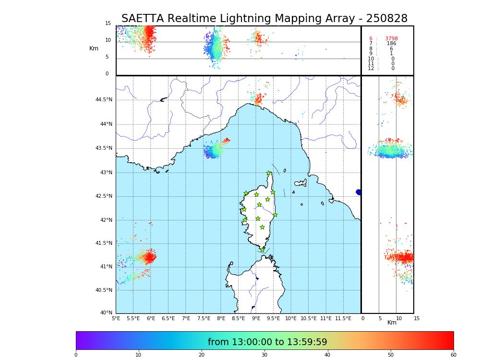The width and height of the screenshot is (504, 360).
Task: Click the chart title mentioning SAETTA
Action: pyautogui.click(x=264, y=19)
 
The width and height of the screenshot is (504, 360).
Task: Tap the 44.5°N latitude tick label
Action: pyautogui.click(x=103, y=100)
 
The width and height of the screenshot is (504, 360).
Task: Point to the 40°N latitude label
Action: pyautogui.click(x=106, y=313)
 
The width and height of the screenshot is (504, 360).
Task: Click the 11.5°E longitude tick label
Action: pyautogui.click(x=343, y=318)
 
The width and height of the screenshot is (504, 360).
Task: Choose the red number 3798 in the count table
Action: pyautogui.click(x=391, y=39)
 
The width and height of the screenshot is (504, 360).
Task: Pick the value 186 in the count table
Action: pyautogui.click(x=391, y=44)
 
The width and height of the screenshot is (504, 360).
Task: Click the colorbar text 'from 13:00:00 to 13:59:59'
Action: pyautogui.click(x=267, y=342)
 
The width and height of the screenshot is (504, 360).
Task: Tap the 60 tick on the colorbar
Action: pyautogui.click(x=453, y=355)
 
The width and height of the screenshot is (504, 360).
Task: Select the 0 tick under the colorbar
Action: pyautogui.click(x=76, y=355)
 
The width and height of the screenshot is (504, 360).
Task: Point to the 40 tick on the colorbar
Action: pyautogui.click(x=327, y=355)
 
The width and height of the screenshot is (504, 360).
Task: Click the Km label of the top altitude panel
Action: pyautogui.click(x=94, y=48)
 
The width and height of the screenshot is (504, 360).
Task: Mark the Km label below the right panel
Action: pyautogui.click(x=392, y=323)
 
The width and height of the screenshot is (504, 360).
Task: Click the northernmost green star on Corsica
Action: pyautogui.click(x=269, y=173)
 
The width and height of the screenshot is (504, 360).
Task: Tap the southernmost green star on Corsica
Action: pyautogui.click(x=262, y=250)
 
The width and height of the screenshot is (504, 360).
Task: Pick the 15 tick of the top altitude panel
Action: pyautogui.click(x=108, y=24)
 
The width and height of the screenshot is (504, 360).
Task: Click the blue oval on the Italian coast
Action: pyautogui.click(x=359, y=192)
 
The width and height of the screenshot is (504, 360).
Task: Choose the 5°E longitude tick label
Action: pyautogui.click(x=116, y=318)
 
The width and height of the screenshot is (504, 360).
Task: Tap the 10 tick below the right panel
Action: pyautogui.click(x=396, y=318)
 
